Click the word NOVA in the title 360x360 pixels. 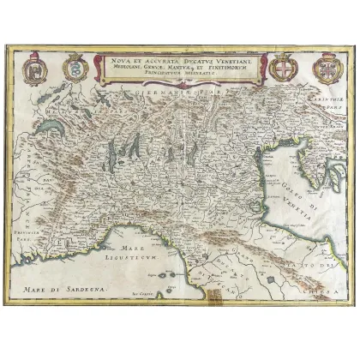pos(118,61)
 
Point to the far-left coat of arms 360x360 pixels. pos(33,68)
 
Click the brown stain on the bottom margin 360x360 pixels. pos(226,303)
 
